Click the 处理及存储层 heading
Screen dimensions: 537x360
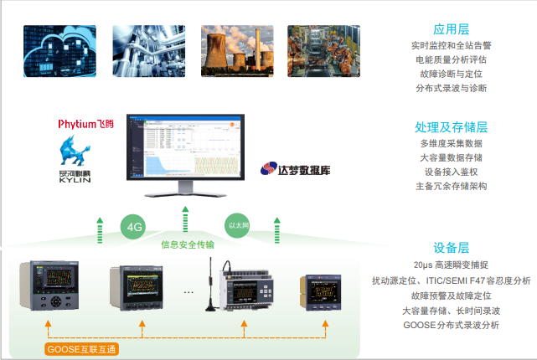[451, 127]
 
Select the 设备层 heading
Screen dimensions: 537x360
[451, 248]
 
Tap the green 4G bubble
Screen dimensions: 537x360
[134, 226]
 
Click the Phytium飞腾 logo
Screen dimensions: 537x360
[85, 124]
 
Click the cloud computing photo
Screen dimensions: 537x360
[59, 52]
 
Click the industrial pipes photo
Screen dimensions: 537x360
[147, 52]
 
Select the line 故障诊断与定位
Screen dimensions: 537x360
[451, 74]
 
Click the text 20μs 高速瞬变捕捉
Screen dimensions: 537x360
[451, 265]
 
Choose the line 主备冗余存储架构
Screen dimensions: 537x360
[451, 186]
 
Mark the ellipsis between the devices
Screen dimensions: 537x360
[188, 293]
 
